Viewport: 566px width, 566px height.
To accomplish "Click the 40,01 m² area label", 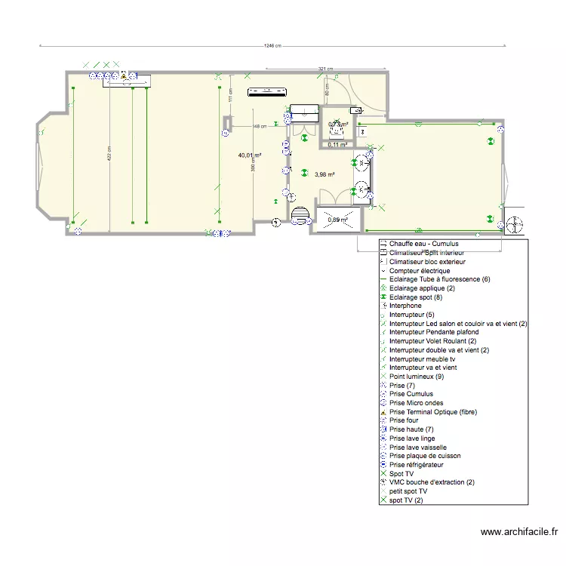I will [250, 155].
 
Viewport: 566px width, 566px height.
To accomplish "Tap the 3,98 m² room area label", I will [325, 174].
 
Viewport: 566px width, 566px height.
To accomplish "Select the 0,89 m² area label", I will [337, 220].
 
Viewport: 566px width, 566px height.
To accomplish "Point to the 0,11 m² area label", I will [337, 144].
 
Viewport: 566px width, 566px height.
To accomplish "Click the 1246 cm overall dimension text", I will [272, 45].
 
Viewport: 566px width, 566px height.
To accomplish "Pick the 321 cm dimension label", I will [325, 69].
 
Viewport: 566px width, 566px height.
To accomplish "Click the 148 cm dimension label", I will [260, 126].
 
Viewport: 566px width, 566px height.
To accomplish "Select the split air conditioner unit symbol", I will [268, 93].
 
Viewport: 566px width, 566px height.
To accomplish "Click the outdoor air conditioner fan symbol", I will [514, 225].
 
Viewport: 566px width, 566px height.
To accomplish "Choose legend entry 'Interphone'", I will [406, 306].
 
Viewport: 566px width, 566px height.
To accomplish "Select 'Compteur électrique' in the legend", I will [420, 270].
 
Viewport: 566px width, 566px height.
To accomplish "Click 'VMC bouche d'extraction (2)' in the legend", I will [432, 482].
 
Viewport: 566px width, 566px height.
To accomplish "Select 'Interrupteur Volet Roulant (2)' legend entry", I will [432, 341].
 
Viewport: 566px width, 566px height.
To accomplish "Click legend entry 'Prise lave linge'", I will [412, 438].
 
